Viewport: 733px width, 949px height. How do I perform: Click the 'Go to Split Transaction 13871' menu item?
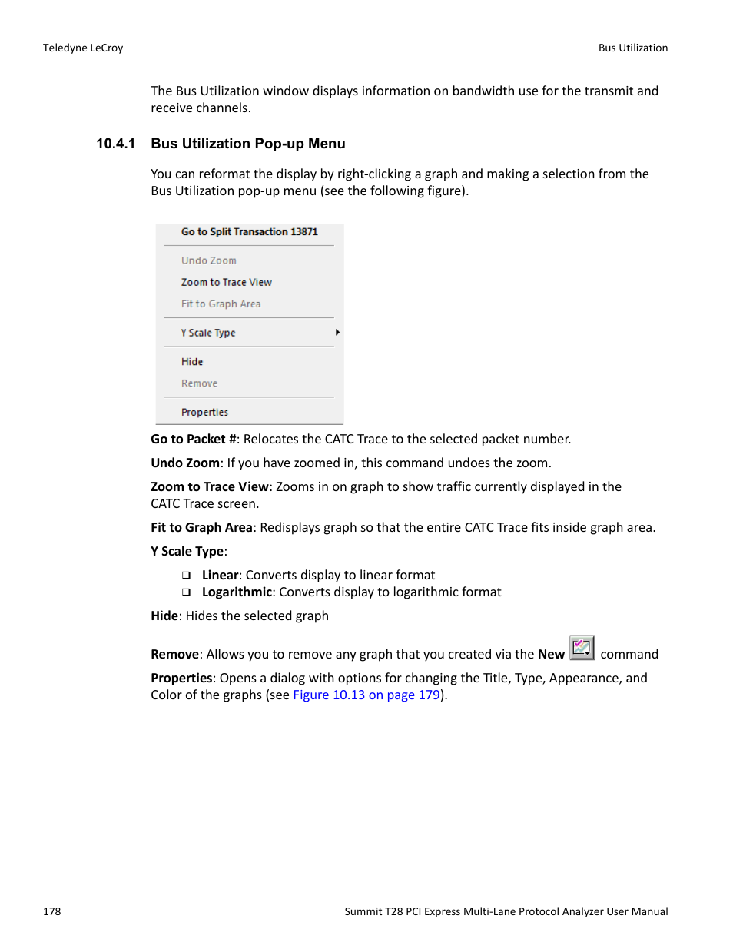(249, 231)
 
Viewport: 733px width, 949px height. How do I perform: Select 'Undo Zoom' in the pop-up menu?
(208, 260)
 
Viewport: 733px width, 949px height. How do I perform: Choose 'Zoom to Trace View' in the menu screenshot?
(226, 282)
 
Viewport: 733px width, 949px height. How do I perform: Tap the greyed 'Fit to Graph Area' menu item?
(221, 304)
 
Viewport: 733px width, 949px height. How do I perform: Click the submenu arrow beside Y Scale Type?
(337, 333)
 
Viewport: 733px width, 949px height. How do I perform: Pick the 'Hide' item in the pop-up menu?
(192, 362)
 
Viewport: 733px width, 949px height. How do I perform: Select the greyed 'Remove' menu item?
(199, 383)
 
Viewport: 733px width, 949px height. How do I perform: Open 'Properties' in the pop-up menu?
(204, 412)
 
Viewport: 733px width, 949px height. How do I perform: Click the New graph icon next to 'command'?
(582, 648)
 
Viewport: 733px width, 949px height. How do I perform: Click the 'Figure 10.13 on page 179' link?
(366, 695)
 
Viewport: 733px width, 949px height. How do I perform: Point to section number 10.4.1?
(115, 144)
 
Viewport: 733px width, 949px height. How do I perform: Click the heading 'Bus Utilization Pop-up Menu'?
(248, 144)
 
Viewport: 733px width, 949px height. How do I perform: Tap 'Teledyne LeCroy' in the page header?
(83, 48)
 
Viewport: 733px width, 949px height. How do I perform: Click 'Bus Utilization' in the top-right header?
(633, 48)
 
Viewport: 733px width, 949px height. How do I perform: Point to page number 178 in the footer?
(52, 911)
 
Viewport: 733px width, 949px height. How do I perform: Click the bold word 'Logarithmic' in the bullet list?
(237, 592)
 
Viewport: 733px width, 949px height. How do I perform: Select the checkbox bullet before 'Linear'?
(186, 576)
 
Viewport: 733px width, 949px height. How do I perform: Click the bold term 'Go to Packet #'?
(194, 439)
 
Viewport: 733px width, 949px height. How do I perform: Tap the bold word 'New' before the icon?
(551, 654)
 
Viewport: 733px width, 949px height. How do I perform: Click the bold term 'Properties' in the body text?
(181, 678)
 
